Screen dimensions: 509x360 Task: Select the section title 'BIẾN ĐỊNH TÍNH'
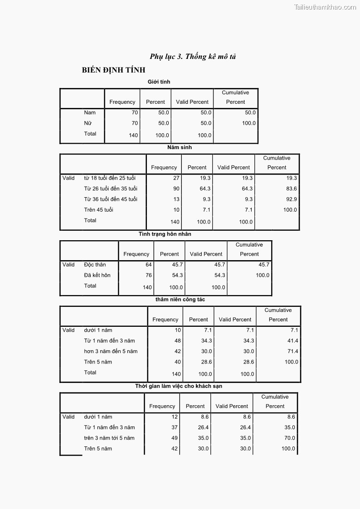pos(114,70)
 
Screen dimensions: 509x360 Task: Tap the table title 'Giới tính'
pos(159,82)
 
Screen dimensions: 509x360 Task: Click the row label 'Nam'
pos(90,112)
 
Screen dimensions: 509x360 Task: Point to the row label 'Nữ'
pos(88,123)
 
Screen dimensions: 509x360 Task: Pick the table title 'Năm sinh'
pos(180,147)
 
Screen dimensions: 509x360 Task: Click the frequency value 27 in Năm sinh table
pos(176,178)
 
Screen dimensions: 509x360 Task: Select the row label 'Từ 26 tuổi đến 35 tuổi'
pos(111,189)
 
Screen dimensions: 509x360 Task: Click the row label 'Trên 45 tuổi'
pos(98,210)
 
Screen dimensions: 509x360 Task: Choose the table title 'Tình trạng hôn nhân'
pos(165,234)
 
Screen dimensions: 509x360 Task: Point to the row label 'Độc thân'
pos(95,265)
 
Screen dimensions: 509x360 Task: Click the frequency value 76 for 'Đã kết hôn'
pos(148,275)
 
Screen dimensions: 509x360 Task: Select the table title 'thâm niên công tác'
pos(180,300)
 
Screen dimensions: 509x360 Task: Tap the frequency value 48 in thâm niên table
pos(177,341)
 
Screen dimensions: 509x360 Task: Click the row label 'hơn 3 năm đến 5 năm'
pos(111,351)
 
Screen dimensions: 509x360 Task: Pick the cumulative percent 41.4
pos(293,341)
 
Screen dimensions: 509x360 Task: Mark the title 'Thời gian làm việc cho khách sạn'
pos(179,386)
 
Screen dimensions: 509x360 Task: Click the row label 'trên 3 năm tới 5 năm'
pos(109,438)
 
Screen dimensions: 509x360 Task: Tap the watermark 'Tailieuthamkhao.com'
pos(325,7)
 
